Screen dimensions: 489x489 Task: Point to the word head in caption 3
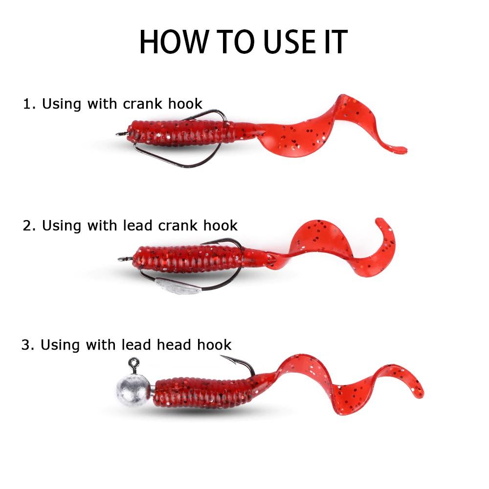coord(175,345)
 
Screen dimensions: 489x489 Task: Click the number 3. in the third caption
coord(28,345)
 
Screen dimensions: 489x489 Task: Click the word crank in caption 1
coord(142,104)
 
